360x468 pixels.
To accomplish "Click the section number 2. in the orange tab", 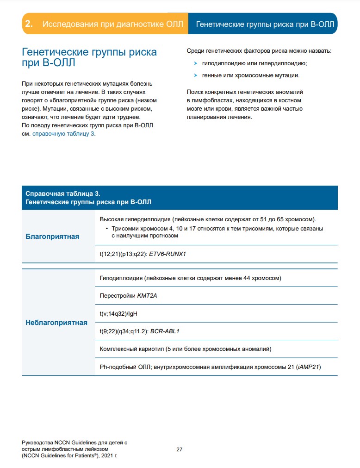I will coord(29,24).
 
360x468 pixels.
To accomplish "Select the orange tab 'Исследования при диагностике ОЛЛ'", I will coord(113,24).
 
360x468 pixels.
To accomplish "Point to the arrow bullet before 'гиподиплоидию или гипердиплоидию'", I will coord(196,63).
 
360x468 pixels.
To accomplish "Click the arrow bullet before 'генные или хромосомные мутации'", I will coord(196,75).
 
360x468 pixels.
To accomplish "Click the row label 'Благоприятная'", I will coord(52,237).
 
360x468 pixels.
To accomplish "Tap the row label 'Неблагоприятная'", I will coord(56,323).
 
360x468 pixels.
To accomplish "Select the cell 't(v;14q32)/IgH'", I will coord(118,313).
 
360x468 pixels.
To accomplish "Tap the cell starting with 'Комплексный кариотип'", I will coord(185,349).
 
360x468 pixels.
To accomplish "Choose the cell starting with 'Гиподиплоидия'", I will coord(190,278).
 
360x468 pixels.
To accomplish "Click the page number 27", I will coord(180,449).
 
